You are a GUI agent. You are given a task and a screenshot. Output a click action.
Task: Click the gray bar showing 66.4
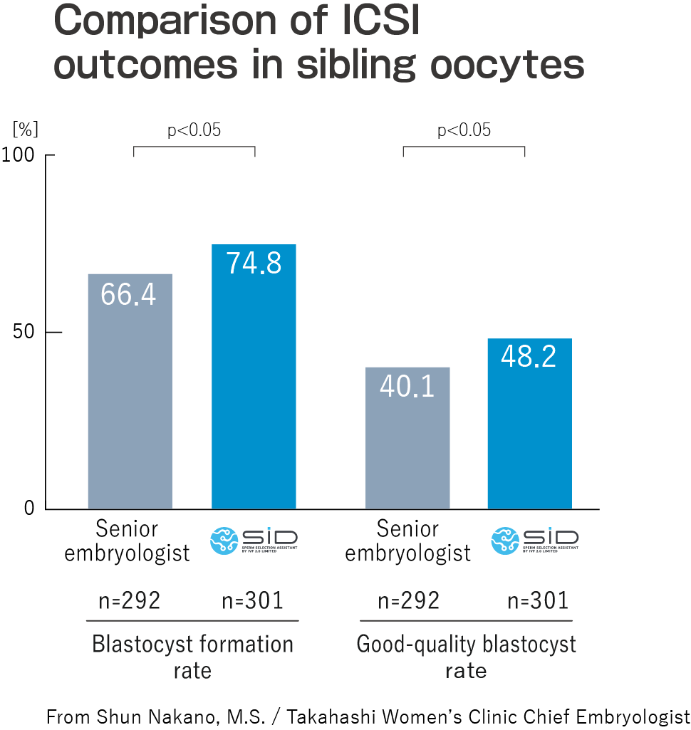coord(130,391)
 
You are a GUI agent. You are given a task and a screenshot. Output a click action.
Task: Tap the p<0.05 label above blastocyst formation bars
coord(194,130)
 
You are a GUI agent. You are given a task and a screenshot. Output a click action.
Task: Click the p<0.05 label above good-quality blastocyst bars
coord(464,130)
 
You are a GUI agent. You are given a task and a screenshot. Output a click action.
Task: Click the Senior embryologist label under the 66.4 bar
coord(128,541)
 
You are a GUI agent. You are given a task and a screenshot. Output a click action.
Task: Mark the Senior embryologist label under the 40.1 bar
coord(408,541)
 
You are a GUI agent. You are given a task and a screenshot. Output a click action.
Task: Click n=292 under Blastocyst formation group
coord(130,601)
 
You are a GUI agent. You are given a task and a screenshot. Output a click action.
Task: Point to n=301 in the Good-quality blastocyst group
coord(538,601)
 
